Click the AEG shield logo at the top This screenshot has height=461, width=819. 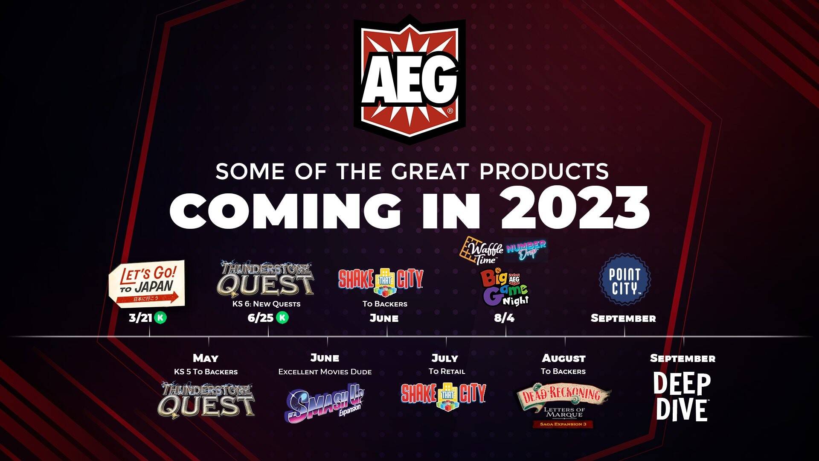409,79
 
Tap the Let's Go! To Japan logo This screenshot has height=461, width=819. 147,283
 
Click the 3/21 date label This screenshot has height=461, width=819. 140,318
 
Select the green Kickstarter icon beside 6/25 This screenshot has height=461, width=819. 282,318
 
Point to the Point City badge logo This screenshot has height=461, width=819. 624,280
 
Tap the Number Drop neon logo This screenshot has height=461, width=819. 526,250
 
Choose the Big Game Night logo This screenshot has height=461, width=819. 505,287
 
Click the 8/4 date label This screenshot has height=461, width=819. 504,318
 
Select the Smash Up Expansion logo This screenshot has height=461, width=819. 324,402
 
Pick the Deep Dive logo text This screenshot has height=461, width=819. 682,397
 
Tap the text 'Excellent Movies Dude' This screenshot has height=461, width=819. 325,372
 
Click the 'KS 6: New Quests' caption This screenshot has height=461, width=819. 267,304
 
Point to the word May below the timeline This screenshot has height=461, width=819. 206,359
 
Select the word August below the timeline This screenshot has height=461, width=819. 563,358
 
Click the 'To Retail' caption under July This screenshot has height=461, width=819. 447,371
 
